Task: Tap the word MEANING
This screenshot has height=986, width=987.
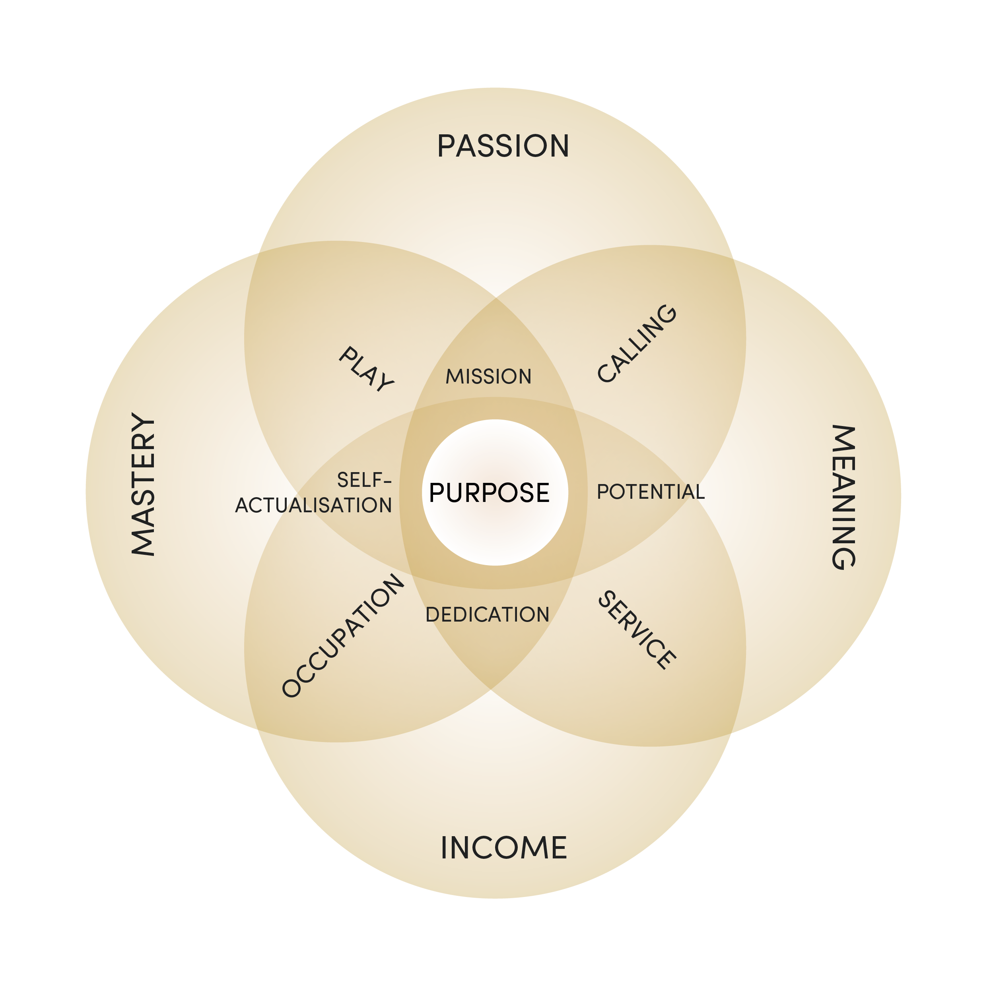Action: [x=843, y=497]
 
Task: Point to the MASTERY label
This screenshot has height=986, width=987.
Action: [x=143, y=484]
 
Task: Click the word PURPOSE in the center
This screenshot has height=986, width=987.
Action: [x=489, y=493]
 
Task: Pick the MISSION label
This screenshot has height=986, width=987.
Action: [x=488, y=376]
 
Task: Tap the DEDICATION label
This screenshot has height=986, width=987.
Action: [x=488, y=614]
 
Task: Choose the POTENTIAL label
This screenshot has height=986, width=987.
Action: [x=650, y=492]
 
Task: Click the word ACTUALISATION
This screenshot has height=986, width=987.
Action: [x=313, y=506]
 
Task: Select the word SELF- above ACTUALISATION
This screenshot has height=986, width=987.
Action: [x=364, y=480]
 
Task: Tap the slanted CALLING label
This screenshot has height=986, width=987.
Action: [x=637, y=343]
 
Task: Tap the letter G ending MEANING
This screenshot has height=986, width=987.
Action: [x=843, y=558]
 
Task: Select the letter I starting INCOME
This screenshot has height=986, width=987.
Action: [x=445, y=848]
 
